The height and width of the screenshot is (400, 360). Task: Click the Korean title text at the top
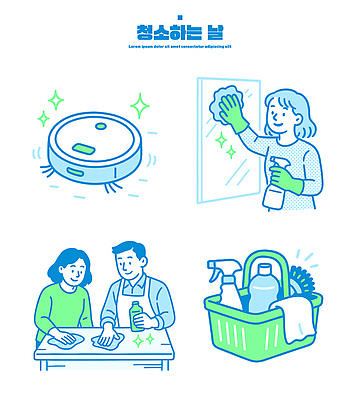point(180,31)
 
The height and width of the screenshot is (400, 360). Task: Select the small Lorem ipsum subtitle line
point(180,46)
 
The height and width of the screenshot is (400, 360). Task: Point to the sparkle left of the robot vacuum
point(55,101)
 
